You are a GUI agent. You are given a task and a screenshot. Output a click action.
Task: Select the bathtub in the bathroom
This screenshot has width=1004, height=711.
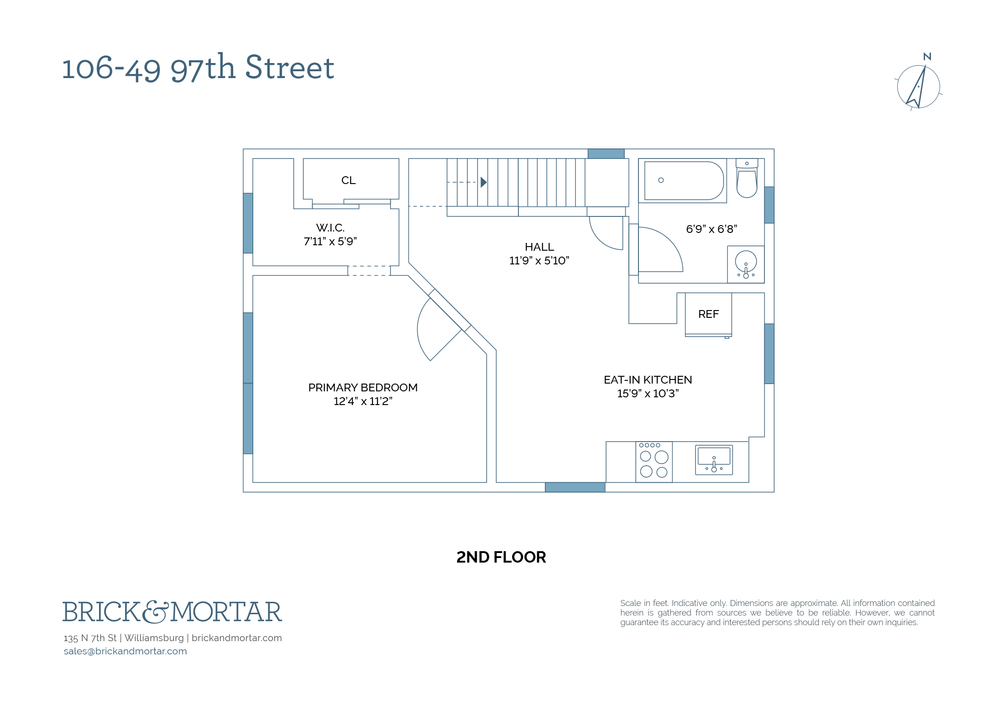pos(683,180)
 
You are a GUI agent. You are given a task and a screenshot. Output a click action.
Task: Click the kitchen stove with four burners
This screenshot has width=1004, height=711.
pos(654,462)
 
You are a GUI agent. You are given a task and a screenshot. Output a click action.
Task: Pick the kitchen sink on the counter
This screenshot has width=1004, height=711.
pos(714,460)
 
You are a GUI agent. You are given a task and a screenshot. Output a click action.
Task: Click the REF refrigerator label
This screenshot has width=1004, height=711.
pos(708,314)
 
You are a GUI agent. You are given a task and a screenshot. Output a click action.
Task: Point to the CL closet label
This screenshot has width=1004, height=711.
pos(348,180)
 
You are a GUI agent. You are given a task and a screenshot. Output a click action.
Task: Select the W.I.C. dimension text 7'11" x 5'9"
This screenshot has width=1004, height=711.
pos(330,241)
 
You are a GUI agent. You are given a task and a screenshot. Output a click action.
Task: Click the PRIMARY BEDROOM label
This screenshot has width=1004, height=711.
pos(363,387)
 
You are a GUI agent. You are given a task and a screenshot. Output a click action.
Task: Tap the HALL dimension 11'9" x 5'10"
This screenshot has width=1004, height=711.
pos(539,260)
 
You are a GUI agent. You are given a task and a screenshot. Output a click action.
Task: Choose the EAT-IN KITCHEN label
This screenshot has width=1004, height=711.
pos(648,379)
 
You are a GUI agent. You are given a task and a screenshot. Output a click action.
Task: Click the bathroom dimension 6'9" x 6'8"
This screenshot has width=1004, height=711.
pos(711,229)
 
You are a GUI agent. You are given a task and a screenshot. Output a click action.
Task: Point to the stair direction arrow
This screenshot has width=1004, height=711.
pos(484,182)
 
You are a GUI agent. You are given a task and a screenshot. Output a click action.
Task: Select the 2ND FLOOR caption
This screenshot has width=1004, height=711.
pos(501,557)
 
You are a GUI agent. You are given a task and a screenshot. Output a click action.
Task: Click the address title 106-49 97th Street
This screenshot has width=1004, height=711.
pos(198,68)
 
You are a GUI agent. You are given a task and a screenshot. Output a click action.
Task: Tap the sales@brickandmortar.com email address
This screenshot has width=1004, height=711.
pos(125,651)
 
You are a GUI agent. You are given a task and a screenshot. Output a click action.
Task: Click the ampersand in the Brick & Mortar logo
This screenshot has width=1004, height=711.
pos(155,612)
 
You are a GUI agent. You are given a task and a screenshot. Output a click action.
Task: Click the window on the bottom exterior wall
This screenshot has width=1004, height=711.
pos(575,487)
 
